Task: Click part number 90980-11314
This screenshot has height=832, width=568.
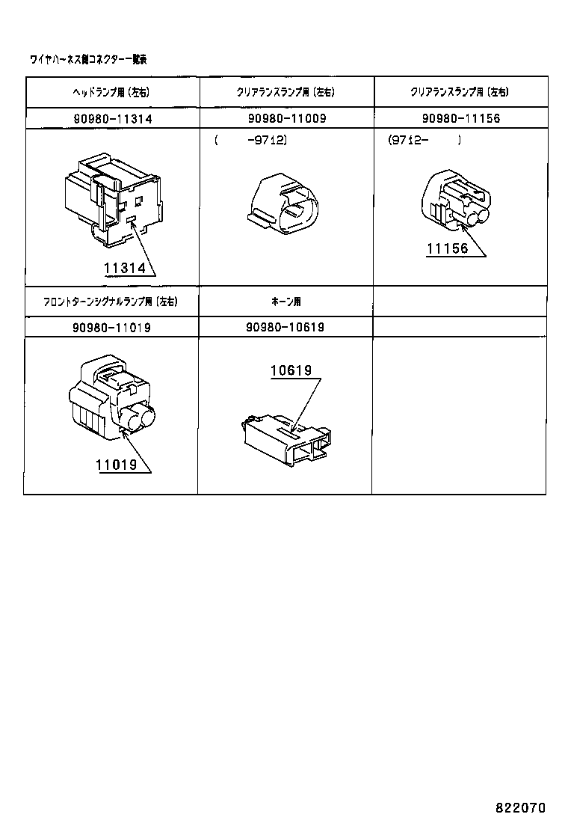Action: pos(112,119)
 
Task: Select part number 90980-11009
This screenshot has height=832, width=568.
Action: pos(286,119)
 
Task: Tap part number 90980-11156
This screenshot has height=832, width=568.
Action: pos(460,119)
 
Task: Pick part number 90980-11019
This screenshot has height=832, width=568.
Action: pos(112,327)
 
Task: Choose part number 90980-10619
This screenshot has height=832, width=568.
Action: pos(284,327)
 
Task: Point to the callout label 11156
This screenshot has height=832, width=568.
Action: pos(448,249)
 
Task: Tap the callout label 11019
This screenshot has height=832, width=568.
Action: pos(116,465)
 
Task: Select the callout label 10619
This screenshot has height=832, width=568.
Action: pos(291,370)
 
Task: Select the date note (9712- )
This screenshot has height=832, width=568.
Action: pos(424,140)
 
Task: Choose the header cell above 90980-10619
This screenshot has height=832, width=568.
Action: pos(285,302)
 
